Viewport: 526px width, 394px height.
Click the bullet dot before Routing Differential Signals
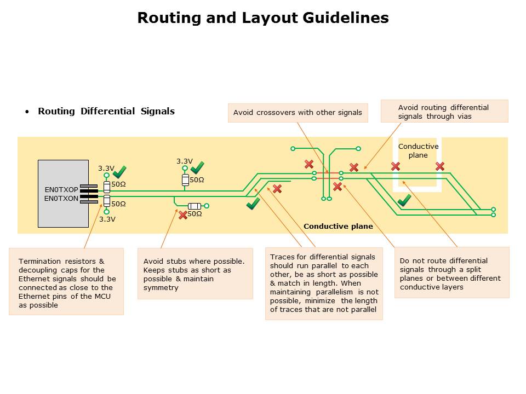(x=27, y=112)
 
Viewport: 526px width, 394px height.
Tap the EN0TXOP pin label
(x=61, y=190)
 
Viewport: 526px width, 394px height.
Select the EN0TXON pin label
(x=61, y=199)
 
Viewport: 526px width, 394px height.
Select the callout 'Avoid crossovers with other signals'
(x=298, y=113)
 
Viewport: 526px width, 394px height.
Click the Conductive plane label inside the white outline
(x=418, y=150)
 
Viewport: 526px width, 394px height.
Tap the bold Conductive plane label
(x=338, y=226)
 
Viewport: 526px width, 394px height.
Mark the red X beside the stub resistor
(x=183, y=215)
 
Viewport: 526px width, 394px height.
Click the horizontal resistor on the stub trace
(x=195, y=206)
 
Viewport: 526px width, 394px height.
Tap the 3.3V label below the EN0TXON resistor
(x=107, y=219)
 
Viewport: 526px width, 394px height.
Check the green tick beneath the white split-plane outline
(x=404, y=200)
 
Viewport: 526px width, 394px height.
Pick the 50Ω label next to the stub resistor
(x=195, y=214)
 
